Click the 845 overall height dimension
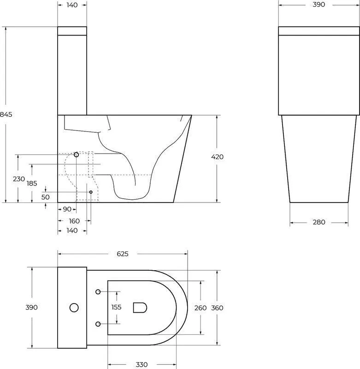click(x=6, y=114)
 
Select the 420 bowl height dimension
click(x=217, y=157)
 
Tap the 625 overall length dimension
click(x=123, y=254)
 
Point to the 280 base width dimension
click(x=319, y=222)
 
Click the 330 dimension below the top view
click(x=142, y=364)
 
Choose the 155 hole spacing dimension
click(x=117, y=307)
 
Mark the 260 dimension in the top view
click(x=201, y=308)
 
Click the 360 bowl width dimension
click(x=217, y=308)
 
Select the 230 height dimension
click(x=19, y=179)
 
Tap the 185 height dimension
click(x=32, y=183)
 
